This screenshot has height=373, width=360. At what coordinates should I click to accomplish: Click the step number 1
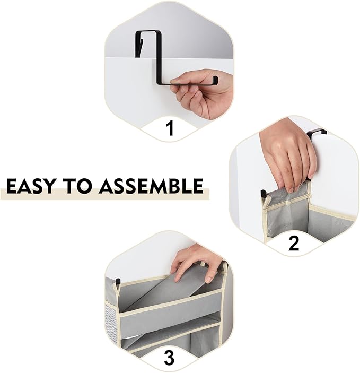pyautogui.click(x=170, y=128)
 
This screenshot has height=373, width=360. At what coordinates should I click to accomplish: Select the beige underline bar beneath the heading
pyautogui.click(x=104, y=194)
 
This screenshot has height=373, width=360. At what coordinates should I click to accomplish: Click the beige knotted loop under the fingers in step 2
pyautogui.click(x=288, y=203)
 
